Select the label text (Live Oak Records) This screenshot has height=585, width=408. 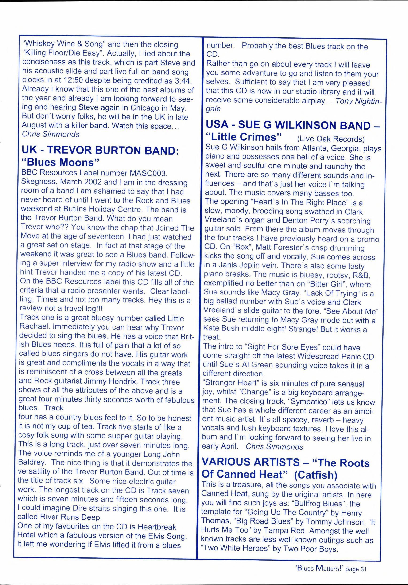pos(331,139)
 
